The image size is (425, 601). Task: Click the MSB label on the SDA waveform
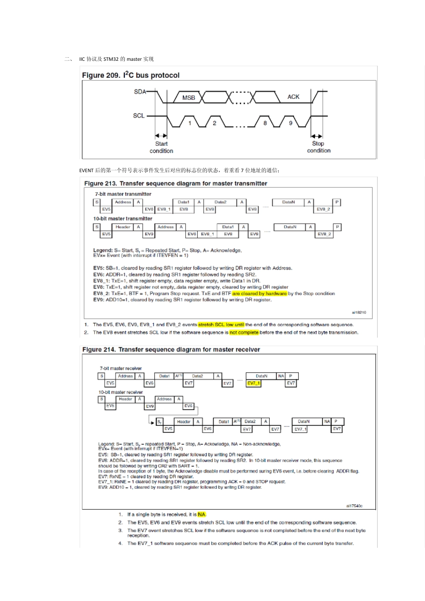188,97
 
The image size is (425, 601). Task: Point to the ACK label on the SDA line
293,97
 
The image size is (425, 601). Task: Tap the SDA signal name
140,92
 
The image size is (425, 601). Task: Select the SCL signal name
139,115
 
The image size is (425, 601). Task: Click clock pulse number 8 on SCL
265,123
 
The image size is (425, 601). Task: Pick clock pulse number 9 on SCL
290,123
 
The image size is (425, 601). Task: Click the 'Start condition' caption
161,147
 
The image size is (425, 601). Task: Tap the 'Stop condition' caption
319,147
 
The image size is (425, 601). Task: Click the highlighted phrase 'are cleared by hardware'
259,294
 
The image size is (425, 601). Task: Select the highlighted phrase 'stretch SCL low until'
221,325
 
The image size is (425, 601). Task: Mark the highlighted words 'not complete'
244,333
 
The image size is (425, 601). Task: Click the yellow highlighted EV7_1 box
254,383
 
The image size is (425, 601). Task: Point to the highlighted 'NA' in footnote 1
202,515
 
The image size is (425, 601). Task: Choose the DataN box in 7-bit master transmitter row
289,202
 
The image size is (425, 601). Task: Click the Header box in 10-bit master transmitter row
123,227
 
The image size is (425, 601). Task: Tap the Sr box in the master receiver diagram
159,422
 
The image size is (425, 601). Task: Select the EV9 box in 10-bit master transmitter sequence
149,234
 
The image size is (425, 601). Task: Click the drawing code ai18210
359,313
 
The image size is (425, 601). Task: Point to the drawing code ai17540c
354,506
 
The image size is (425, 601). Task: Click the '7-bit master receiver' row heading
120,368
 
